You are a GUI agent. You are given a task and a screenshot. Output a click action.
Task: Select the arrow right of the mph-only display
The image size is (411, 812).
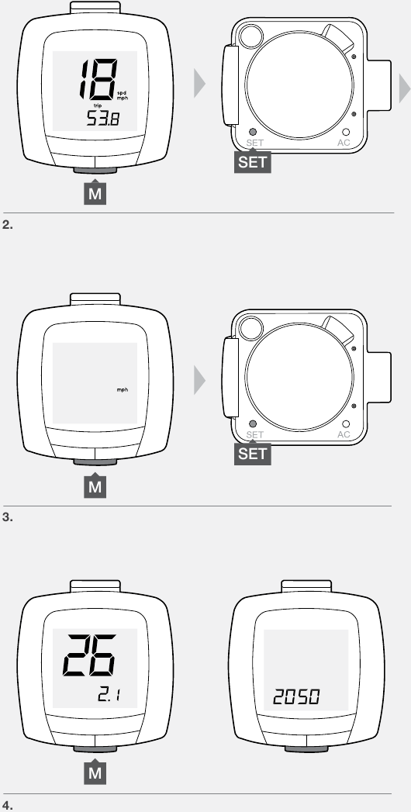(x=200, y=378)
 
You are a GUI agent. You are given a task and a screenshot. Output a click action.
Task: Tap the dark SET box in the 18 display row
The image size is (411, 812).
(x=253, y=162)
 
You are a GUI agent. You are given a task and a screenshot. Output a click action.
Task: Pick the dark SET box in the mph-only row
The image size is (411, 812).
(x=253, y=454)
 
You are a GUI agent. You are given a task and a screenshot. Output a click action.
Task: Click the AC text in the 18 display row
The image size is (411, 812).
(x=344, y=143)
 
